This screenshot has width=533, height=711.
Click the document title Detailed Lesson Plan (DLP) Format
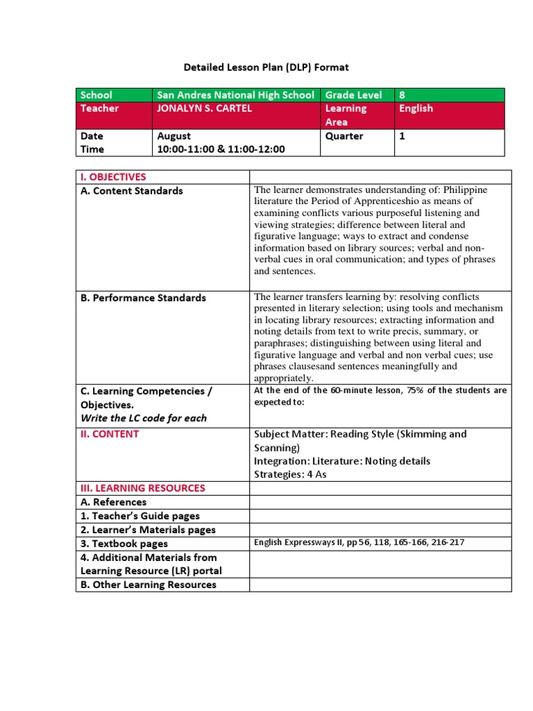tap(266, 67)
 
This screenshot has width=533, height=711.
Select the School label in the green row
tap(96, 95)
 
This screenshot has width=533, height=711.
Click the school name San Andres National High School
tap(235, 95)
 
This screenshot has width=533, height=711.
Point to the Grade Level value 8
tap(402, 95)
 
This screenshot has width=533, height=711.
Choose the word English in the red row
tap(416, 108)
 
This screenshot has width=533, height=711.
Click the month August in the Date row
tap(174, 136)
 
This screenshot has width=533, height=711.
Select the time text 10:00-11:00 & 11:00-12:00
tap(221, 149)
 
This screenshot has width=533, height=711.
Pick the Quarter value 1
tap(402, 136)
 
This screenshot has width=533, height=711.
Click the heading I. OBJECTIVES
tap(114, 177)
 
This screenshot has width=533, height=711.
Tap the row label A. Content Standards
tap(132, 191)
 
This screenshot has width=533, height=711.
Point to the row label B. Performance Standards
tap(144, 298)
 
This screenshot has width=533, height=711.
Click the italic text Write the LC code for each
tap(144, 418)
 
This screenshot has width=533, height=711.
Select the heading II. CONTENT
tap(110, 434)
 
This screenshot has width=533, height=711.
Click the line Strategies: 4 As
tap(290, 474)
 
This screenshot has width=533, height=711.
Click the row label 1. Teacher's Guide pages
tap(140, 516)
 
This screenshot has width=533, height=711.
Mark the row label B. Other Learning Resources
tap(149, 585)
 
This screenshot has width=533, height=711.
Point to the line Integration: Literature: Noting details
tap(342, 461)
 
